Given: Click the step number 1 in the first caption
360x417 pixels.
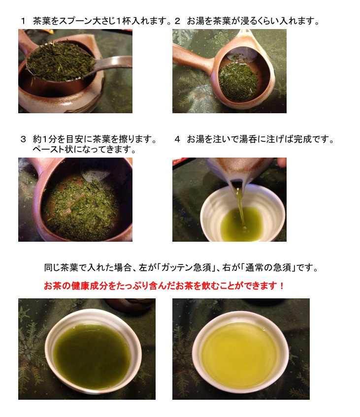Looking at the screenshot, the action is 23,21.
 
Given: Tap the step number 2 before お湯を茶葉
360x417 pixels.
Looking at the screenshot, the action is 177,21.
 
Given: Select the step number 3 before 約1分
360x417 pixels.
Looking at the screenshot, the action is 24,139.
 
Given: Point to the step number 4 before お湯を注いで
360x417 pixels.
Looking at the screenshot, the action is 177,139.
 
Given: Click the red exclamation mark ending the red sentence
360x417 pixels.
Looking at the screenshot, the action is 282,286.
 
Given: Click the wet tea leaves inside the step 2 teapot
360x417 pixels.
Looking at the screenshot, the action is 238,81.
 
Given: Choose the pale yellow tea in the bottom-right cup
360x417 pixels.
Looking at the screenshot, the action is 239,352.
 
